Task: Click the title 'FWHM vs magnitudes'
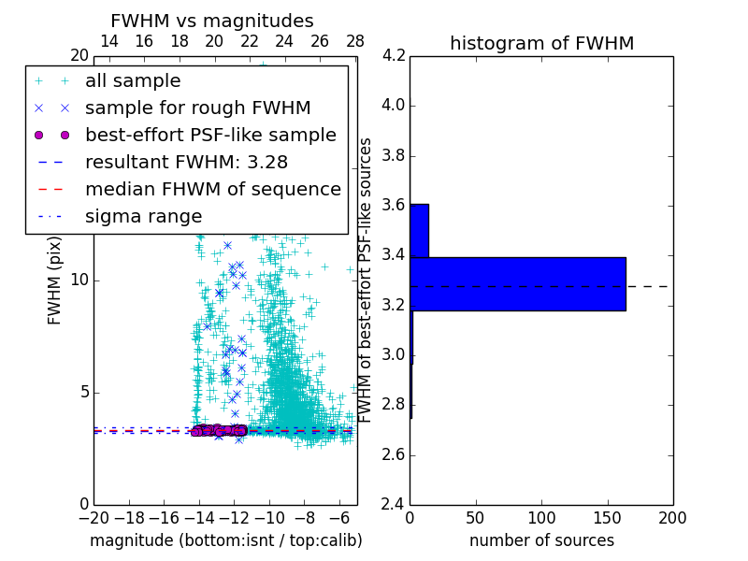click(x=211, y=21)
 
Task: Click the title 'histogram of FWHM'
click(x=541, y=43)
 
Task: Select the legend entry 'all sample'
click(x=133, y=81)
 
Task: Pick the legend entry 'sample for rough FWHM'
click(x=197, y=108)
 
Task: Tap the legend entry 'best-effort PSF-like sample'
click(x=210, y=135)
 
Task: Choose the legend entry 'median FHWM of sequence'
click(x=212, y=189)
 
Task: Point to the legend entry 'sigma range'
click(x=143, y=216)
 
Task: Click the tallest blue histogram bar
click(x=518, y=283)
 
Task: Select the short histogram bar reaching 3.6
click(x=419, y=230)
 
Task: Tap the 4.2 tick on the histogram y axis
click(x=394, y=55)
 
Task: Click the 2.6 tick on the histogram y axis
click(x=394, y=455)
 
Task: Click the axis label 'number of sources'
click(x=541, y=540)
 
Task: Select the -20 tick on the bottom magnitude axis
click(x=93, y=517)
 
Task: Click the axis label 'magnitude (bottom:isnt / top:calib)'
click(x=225, y=540)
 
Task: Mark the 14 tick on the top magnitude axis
click(x=108, y=41)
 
